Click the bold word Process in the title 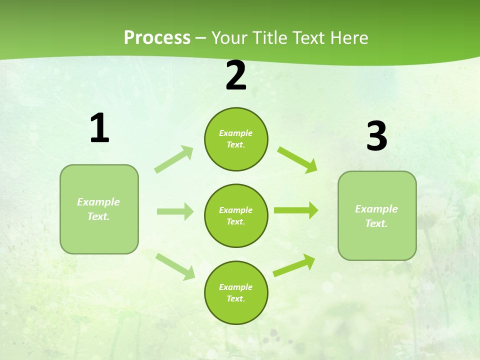157,37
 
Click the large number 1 99,128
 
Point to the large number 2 236,75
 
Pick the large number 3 376,136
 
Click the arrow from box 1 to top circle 174,159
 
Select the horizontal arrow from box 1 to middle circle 175,211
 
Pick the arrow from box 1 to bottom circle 175,266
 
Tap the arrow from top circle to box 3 297,159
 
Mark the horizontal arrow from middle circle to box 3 296,210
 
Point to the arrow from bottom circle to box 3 294,265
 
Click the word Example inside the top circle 235,133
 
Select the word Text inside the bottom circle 235,298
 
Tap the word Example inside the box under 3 376,209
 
